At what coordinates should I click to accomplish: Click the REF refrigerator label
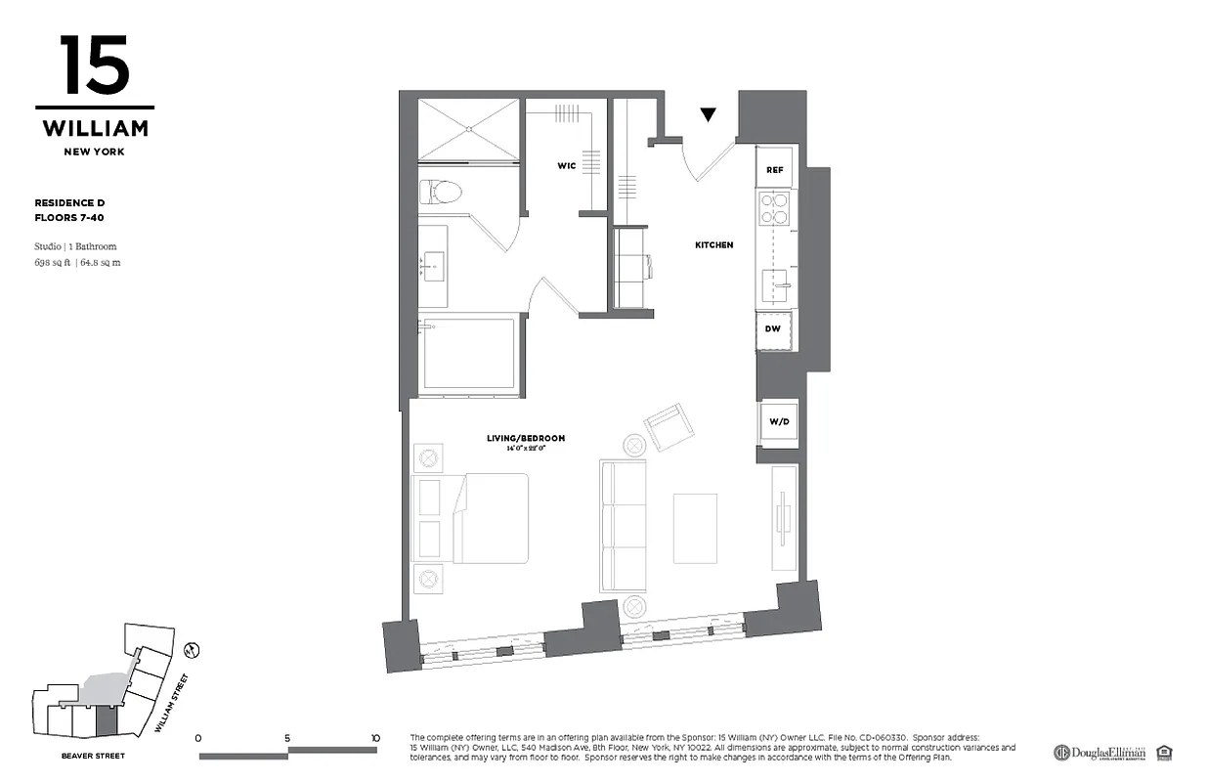[x=774, y=170]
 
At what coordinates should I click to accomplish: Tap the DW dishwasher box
[x=774, y=329]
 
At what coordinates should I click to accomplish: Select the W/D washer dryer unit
[x=779, y=422]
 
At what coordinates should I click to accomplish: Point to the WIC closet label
[x=566, y=166]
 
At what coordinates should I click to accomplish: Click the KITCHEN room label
[x=713, y=244]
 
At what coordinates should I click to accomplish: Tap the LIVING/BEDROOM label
[x=526, y=438]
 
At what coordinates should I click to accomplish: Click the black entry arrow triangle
[x=709, y=115]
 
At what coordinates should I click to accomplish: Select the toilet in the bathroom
[x=441, y=190]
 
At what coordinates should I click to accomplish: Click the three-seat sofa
[x=624, y=526]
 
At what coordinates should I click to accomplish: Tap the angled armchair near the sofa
[x=670, y=427]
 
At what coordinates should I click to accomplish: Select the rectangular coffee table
[x=695, y=527]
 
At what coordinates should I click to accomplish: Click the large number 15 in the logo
[x=94, y=65]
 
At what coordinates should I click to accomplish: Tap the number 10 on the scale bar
[x=375, y=738]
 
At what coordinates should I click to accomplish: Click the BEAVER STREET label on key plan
[x=92, y=756]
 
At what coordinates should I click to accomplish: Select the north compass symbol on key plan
[x=193, y=648]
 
